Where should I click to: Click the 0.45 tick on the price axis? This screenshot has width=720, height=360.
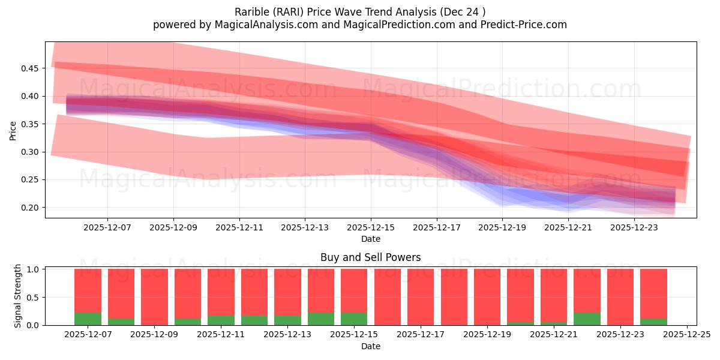pos(31,68)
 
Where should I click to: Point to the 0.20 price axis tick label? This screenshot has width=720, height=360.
pos(31,208)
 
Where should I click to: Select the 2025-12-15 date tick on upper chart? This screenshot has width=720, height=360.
pos(371,228)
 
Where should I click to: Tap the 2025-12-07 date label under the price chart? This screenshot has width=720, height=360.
pos(107,228)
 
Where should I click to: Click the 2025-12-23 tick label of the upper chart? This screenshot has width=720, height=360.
pos(634,228)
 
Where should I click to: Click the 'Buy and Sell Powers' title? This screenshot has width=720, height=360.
pos(370,257)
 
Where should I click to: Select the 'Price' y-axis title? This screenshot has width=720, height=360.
pos(13,130)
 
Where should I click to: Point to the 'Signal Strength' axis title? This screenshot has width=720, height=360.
pos(18,296)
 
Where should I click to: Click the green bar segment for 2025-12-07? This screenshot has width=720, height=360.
pos(88,319)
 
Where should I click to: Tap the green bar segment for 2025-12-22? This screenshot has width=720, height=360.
pos(587,319)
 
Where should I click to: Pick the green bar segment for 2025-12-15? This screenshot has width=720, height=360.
pos(354,319)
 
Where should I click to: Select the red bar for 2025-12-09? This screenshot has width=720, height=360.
pos(154,296)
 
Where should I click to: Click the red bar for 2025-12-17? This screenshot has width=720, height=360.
pos(421,296)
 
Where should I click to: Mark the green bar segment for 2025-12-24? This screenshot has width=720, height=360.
pos(653,322)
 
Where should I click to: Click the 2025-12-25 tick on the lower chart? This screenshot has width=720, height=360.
pos(686,335)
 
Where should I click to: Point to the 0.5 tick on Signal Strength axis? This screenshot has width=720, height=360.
pos(33,297)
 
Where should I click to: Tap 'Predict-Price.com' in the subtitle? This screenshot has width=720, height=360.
pos(526,25)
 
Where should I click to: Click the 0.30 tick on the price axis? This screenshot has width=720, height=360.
pos(31,152)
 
